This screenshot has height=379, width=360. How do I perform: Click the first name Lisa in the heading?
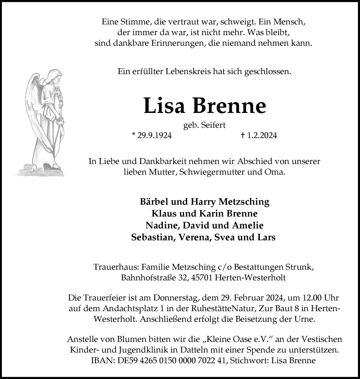164,106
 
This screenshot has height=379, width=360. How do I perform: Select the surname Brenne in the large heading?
230,106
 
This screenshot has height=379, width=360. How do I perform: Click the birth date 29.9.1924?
154,135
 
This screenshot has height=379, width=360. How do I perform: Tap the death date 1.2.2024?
261,135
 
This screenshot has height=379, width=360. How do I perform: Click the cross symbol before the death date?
242,135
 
